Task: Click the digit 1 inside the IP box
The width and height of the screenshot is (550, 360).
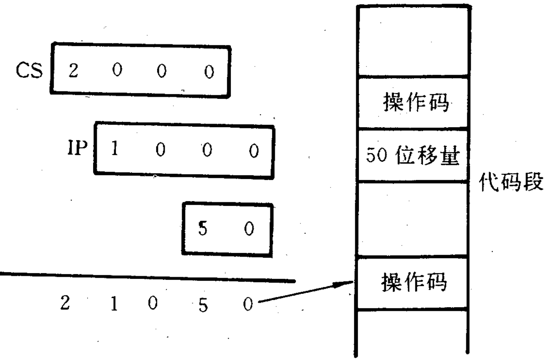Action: coord(115,150)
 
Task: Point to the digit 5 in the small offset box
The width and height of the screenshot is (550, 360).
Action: coord(202,229)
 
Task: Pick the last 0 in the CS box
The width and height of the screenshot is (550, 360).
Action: coord(209,72)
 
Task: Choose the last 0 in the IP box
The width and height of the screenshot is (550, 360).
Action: coord(253,151)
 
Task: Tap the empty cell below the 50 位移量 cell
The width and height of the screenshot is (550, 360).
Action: coord(413,219)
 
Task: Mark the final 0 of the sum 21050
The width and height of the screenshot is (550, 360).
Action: coord(247,305)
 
